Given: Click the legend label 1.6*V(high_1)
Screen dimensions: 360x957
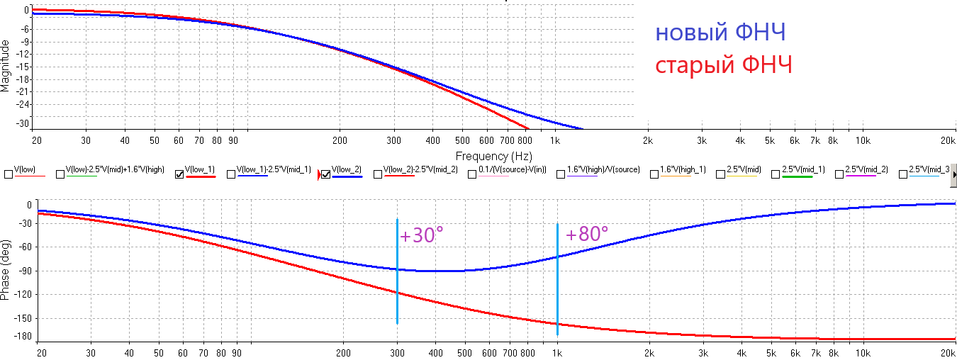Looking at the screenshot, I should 683,170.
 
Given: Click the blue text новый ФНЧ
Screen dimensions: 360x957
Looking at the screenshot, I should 720,33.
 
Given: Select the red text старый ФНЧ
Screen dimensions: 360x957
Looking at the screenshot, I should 723,65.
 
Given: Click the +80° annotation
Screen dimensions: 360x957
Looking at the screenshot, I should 587,234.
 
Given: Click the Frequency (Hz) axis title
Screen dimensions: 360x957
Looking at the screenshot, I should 493,156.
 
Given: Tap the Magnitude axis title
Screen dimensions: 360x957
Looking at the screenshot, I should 6,65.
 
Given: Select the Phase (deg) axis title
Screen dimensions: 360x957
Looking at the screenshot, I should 6,269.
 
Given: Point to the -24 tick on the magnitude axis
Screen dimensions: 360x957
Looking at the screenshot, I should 22,104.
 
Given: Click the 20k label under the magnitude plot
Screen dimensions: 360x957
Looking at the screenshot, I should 948,140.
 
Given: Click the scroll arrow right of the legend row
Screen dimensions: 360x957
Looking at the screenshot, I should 953,174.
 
